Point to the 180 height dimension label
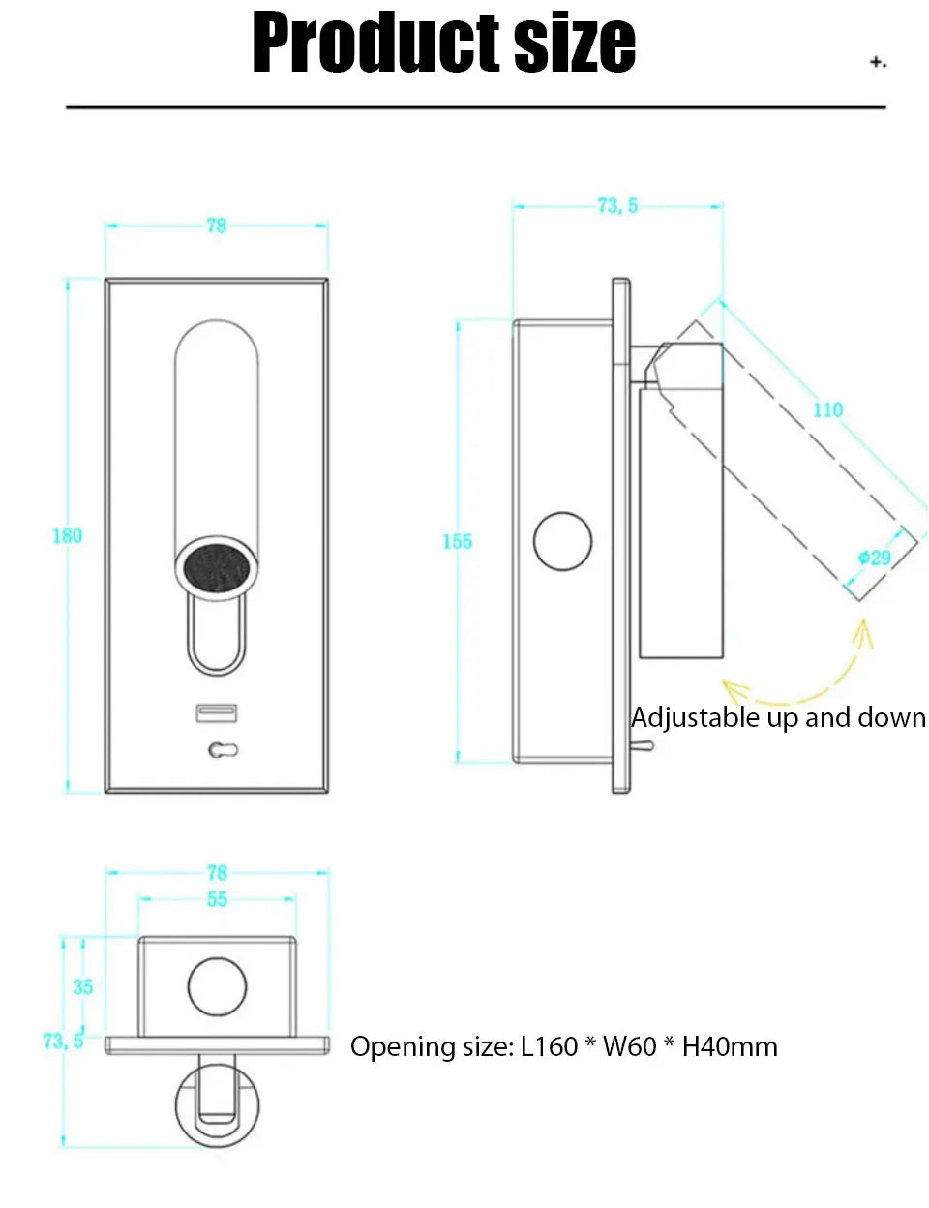click(67, 536)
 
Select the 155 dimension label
click(458, 542)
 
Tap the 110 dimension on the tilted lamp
click(827, 410)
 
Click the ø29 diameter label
click(875, 558)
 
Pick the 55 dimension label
click(217, 900)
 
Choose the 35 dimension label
click(83, 987)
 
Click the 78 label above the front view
click(217, 226)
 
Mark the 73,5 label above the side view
click(617, 206)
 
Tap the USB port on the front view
click(217, 714)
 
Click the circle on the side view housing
click(562, 541)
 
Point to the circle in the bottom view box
click(217, 987)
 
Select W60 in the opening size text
click(629, 1047)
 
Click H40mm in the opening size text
click(730, 1047)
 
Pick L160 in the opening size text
click(549, 1047)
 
